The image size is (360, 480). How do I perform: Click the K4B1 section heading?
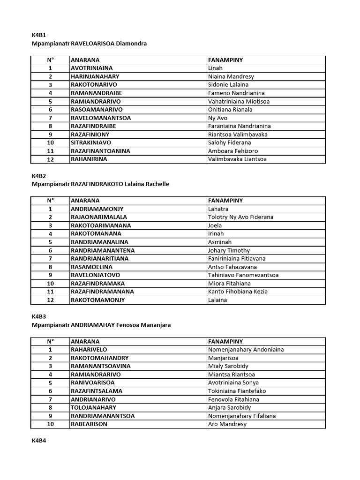(x=38, y=35)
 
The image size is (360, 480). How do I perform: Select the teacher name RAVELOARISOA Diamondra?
(x=109, y=44)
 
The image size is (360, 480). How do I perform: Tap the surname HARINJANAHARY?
(x=95, y=76)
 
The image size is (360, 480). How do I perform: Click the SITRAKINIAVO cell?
(x=91, y=142)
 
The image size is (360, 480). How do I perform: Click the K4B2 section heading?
(x=38, y=176)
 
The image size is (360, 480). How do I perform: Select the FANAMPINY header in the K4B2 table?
(x=225, y=201)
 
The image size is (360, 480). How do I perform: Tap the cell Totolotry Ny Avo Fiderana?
(x=240, y=217)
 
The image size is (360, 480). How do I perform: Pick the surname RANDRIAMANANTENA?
(x=102, y=250)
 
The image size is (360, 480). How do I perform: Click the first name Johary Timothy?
(x=229, y=250)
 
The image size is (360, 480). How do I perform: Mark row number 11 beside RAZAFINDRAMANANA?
(x=50, y=292)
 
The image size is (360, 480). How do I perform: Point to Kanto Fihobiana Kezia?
(x=238, y=292)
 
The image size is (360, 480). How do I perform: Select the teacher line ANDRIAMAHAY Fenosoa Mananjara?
(x=120, y=325)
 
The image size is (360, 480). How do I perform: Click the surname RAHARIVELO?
(x=89, y=350)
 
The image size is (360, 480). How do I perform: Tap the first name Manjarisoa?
(x=223, y=358)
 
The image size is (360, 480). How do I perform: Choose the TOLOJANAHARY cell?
(x=93, y=408)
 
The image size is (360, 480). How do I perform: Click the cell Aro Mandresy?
(x=227, y=424)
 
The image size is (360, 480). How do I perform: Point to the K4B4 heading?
(x=38, y=441)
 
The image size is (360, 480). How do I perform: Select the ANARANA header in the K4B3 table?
(x=85, y=341)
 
